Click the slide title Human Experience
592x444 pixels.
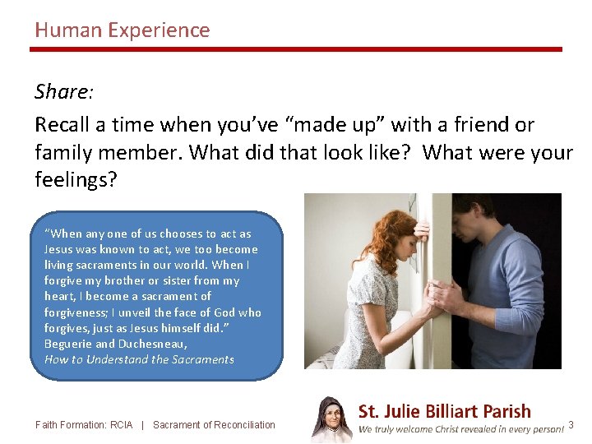(x=122, y=30)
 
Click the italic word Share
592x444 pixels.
(x=62, y=91)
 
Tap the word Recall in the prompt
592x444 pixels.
(x=62, y=125)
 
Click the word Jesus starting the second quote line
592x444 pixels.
(x=58, y=249)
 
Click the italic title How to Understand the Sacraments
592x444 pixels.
(x=139, y=359)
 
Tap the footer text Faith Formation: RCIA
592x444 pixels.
(x=84, y=425)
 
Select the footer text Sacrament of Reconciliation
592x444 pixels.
(x=214, y=425)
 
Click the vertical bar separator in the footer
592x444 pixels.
(x=143, y=425)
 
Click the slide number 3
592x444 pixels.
(x=571, y=424)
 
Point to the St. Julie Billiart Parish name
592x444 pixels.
(x=444, y=411)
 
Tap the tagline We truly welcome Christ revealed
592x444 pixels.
(x=460, y=430)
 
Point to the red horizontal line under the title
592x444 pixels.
(x=296, y=49)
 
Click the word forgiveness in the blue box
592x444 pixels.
(x=76, y=312)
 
